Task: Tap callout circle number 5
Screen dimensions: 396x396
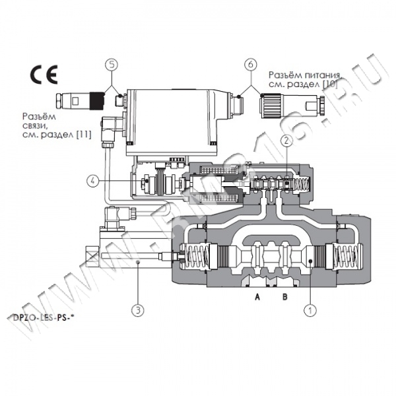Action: [112, 65]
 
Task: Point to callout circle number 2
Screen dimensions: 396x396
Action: [286, 139]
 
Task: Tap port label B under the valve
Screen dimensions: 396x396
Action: [284, 297]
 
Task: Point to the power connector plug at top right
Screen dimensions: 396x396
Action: [290, 104]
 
